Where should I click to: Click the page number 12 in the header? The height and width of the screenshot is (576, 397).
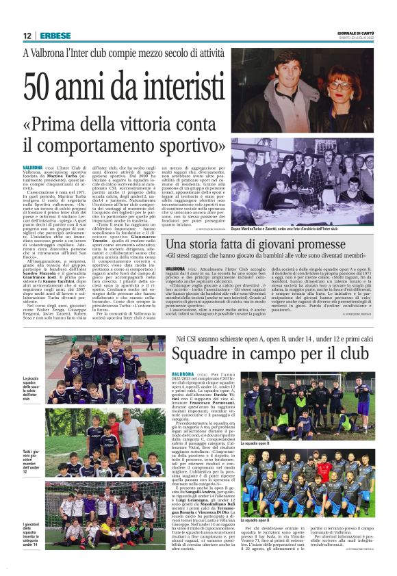[x=27, y=36]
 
